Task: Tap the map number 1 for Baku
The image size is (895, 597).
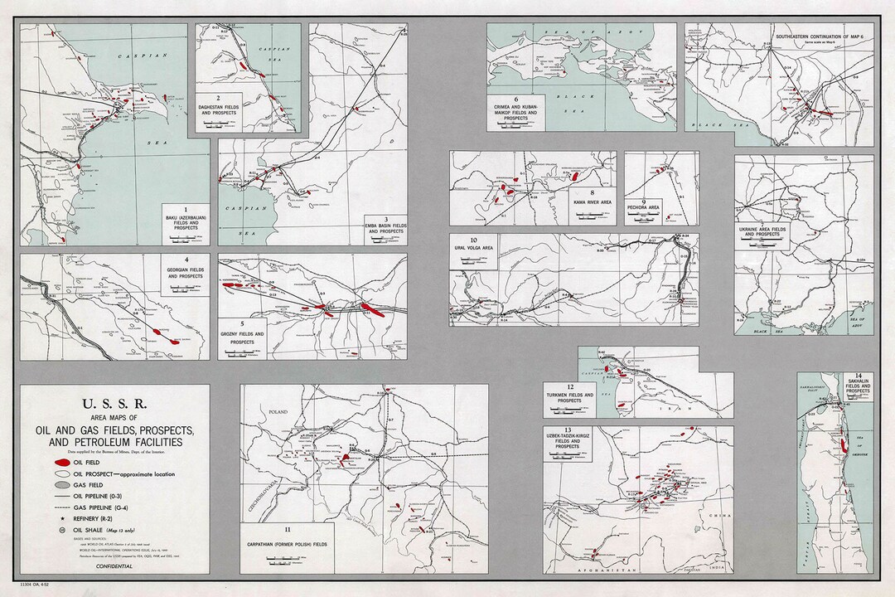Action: [x=186, y=210]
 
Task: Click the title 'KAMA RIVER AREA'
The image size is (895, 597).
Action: [x=593, y=201]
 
